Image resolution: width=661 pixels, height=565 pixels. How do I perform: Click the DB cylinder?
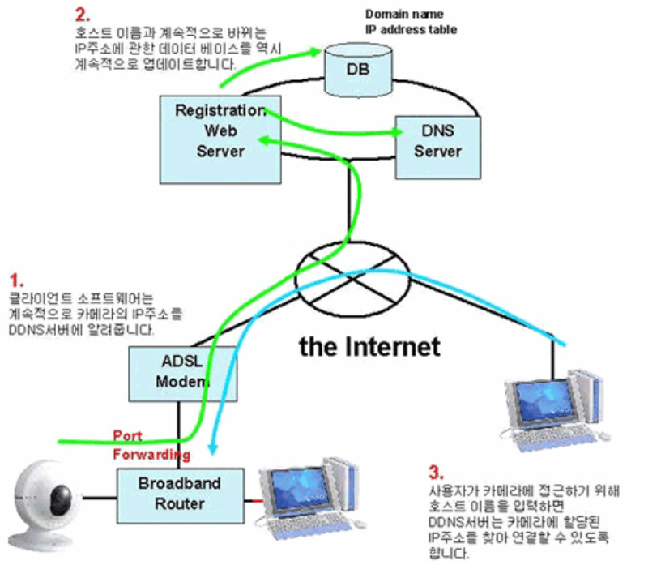(357, 68)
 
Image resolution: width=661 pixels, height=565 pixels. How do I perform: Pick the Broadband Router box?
(178, 494)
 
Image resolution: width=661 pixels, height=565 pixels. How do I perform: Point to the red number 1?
(15, 280)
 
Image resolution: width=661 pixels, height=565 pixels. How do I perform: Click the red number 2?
(81, 15)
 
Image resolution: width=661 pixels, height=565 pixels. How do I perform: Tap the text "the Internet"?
(370, 346)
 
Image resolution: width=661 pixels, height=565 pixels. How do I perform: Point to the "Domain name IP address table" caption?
(411, 22)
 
